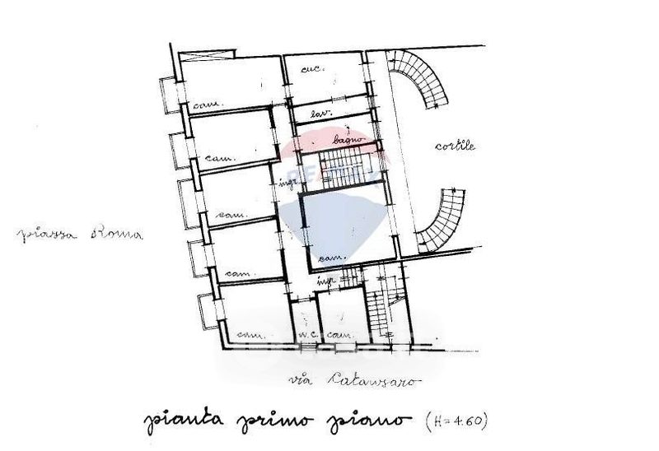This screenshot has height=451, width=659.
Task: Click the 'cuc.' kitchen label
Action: [311, 68]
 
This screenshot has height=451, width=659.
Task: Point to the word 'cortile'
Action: [456, 146]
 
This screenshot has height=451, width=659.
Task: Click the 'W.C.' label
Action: [308, 336]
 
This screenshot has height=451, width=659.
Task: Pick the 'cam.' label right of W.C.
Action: [340, 336]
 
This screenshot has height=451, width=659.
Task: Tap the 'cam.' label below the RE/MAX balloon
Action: [331, 258]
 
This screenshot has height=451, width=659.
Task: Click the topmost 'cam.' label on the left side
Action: [203, 105]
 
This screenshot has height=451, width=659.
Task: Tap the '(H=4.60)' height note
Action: [457, 421]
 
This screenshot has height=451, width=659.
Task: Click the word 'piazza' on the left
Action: [48, 234]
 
